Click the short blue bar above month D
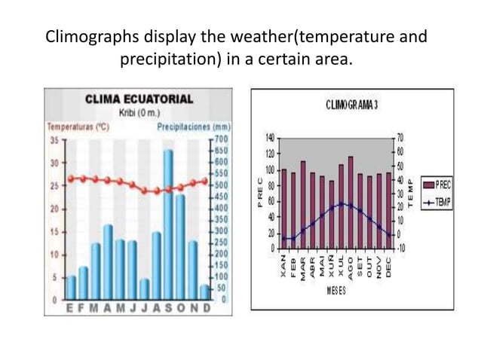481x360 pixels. click(x=204, y=291)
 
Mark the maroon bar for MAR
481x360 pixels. click(x=302, y=204)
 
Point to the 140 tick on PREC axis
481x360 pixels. click(x=268, y=137)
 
